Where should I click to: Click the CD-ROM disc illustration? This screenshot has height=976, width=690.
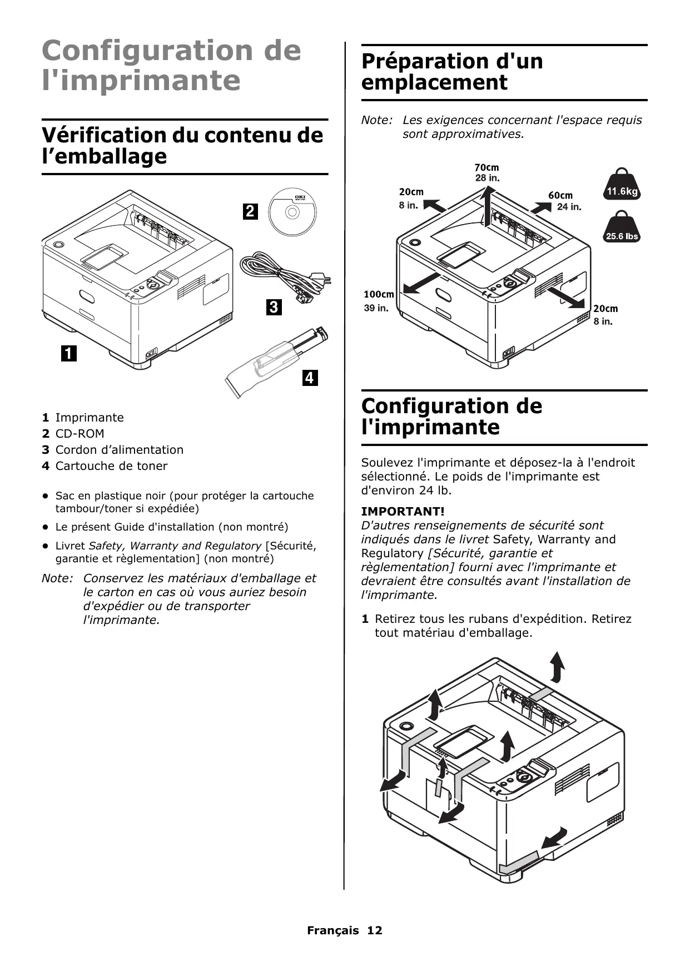292,212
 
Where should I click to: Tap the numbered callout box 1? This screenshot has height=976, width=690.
68,353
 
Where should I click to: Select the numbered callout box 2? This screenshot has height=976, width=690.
250,211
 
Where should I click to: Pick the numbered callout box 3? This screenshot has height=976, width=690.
274,307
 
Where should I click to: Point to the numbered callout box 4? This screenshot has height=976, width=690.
310,378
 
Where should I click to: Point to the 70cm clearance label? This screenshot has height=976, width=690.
487,167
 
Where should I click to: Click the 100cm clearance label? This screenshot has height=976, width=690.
379,294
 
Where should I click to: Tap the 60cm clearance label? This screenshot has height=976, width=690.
560,195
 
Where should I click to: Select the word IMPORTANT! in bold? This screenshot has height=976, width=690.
403,511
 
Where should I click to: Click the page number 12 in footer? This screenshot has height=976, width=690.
374,930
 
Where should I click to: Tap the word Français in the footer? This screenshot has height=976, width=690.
332,930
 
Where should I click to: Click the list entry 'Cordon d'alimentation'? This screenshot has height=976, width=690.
119,450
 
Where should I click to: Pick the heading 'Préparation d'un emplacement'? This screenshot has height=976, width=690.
452,72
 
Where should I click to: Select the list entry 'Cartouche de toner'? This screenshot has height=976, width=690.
111,466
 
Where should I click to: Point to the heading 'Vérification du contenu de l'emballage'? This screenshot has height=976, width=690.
182,146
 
